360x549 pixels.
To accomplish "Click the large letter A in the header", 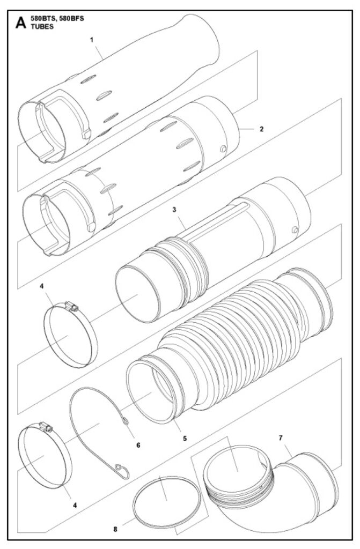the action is coord(21,23).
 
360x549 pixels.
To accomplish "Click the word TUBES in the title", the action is coord(42,27).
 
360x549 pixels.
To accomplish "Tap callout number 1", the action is coord(92,40).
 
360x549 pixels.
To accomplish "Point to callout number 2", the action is coord(261,129).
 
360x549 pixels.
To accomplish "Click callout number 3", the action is coord(174,210).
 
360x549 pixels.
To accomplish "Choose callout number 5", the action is coord(185,439).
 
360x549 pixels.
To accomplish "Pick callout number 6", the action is coord(138,445).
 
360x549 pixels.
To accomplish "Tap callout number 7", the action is coord(281,437).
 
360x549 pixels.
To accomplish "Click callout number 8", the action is coord(115,529).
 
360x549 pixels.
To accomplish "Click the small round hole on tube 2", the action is coord(223,149).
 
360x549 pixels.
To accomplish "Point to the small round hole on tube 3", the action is coord(295,229).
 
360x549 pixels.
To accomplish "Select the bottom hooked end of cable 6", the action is coord(121,470).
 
